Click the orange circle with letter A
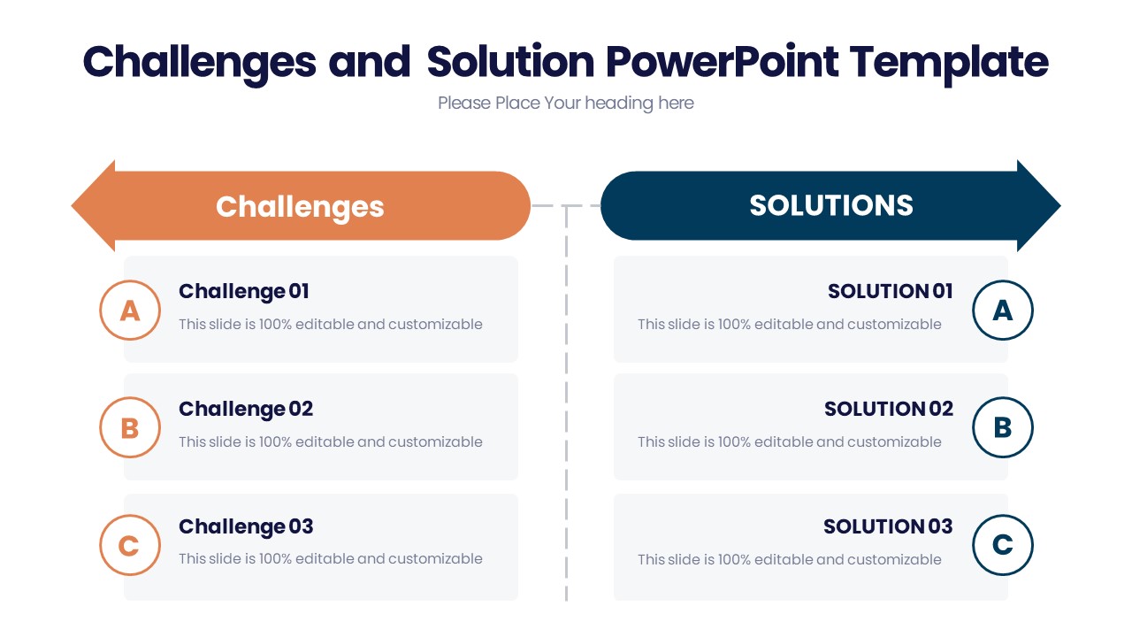(x=130, y=310)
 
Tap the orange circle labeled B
(x=130, y=427)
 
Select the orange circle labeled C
(x=130, y=545)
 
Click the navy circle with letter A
(x=1002, y=310)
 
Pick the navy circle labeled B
(x=1002, y=427)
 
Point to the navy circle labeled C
(x=1002, y=545)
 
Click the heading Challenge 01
(x=244, y=291)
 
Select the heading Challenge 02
(x=246, y=409)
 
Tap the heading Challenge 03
(x=246, y=526)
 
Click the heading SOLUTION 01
(x=890, y=291)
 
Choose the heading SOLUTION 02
(x=888, y=409)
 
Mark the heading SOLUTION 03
(x=888, y=526)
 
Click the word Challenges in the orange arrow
(x=300, y=206)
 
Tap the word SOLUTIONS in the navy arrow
(x=830, y=205)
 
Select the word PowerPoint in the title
(x=722, y=62)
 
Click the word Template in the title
(x=949, y=62)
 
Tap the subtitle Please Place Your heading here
(x=565, y=104)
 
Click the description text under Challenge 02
(x=330, y=441)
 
